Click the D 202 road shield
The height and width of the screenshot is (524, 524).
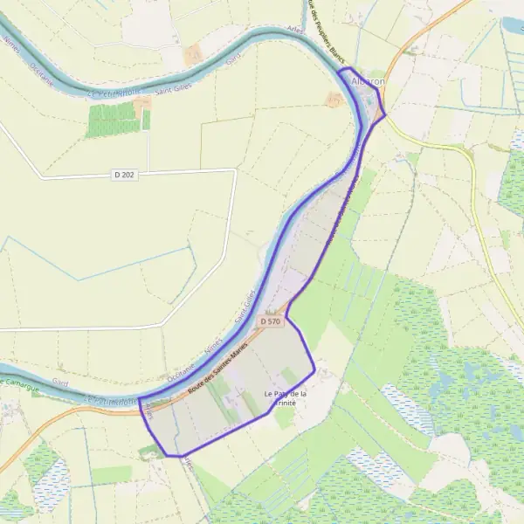click(x=124, y=176)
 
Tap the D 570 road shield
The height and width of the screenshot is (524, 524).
click(x=271, y=321)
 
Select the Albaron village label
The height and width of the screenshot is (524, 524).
click(x=367, y=81)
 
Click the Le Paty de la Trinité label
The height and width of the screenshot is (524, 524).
click(x=285, y=398)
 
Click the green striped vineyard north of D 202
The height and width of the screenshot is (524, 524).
click(x=114, y=120)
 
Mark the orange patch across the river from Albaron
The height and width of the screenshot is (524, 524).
click(x=334, y=100)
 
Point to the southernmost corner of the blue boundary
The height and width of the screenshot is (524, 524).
click(x=180, y=456)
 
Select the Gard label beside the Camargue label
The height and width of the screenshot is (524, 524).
click(x=60, y=383)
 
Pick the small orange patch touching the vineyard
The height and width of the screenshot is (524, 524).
click(x=143, y=102)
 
